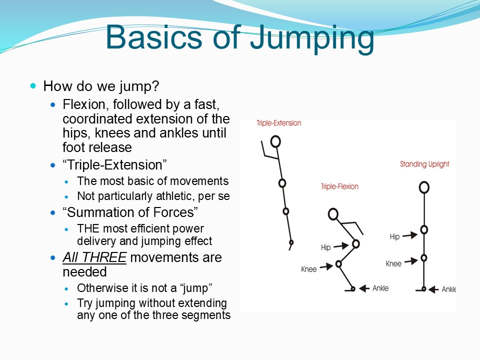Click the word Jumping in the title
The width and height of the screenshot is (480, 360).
coord(312,38)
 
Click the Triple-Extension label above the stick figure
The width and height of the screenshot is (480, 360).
coord(279,123)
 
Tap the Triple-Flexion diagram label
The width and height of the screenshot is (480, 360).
coord(339,186)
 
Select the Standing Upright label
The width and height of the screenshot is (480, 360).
coord(424,164)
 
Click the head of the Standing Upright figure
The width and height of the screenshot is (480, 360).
coord(424,187)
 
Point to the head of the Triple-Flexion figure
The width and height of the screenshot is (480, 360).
coord(333,214)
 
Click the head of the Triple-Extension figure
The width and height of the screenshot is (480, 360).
coord(275,141)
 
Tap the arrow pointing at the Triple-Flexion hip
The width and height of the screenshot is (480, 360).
coord(341,245)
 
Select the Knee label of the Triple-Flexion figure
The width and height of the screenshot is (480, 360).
coord(308,269)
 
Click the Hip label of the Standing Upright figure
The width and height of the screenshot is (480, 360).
coord(394,236)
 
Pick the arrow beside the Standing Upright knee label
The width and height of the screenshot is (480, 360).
coord(411,261)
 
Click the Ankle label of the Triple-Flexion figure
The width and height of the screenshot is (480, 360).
coord(380,288)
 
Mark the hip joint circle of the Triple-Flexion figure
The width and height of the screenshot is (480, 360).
coord(355,243)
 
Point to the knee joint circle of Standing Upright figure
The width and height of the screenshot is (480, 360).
coord(423,258)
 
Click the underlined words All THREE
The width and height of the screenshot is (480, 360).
coord(94,257)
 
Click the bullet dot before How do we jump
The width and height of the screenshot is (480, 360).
coord(33,85)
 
